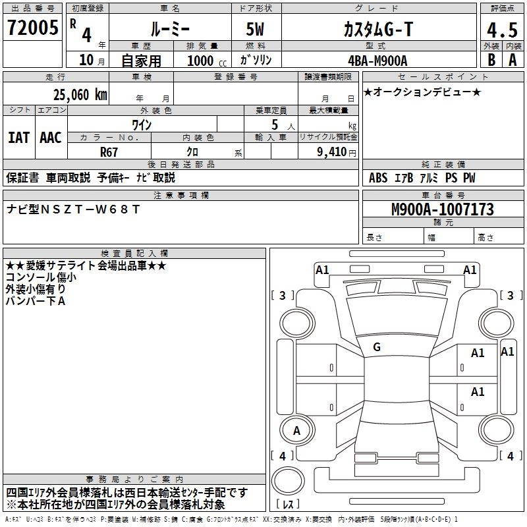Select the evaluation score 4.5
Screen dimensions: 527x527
[x=501, y=30]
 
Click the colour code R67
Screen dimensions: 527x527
[x=109, y=152]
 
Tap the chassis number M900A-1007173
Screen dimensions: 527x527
[x=442, y=209]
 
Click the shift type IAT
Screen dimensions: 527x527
[x=18, y=138]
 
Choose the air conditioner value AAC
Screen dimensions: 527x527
[x=50, y=138]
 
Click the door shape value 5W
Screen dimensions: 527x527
[x=256, y=29]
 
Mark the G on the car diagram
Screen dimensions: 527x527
[x=377, y=347]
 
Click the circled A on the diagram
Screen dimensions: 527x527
[x=296, y=430]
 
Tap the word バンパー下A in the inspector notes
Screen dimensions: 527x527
[x=36, y=300]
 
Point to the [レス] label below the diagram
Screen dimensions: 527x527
[x=289, y=505]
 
